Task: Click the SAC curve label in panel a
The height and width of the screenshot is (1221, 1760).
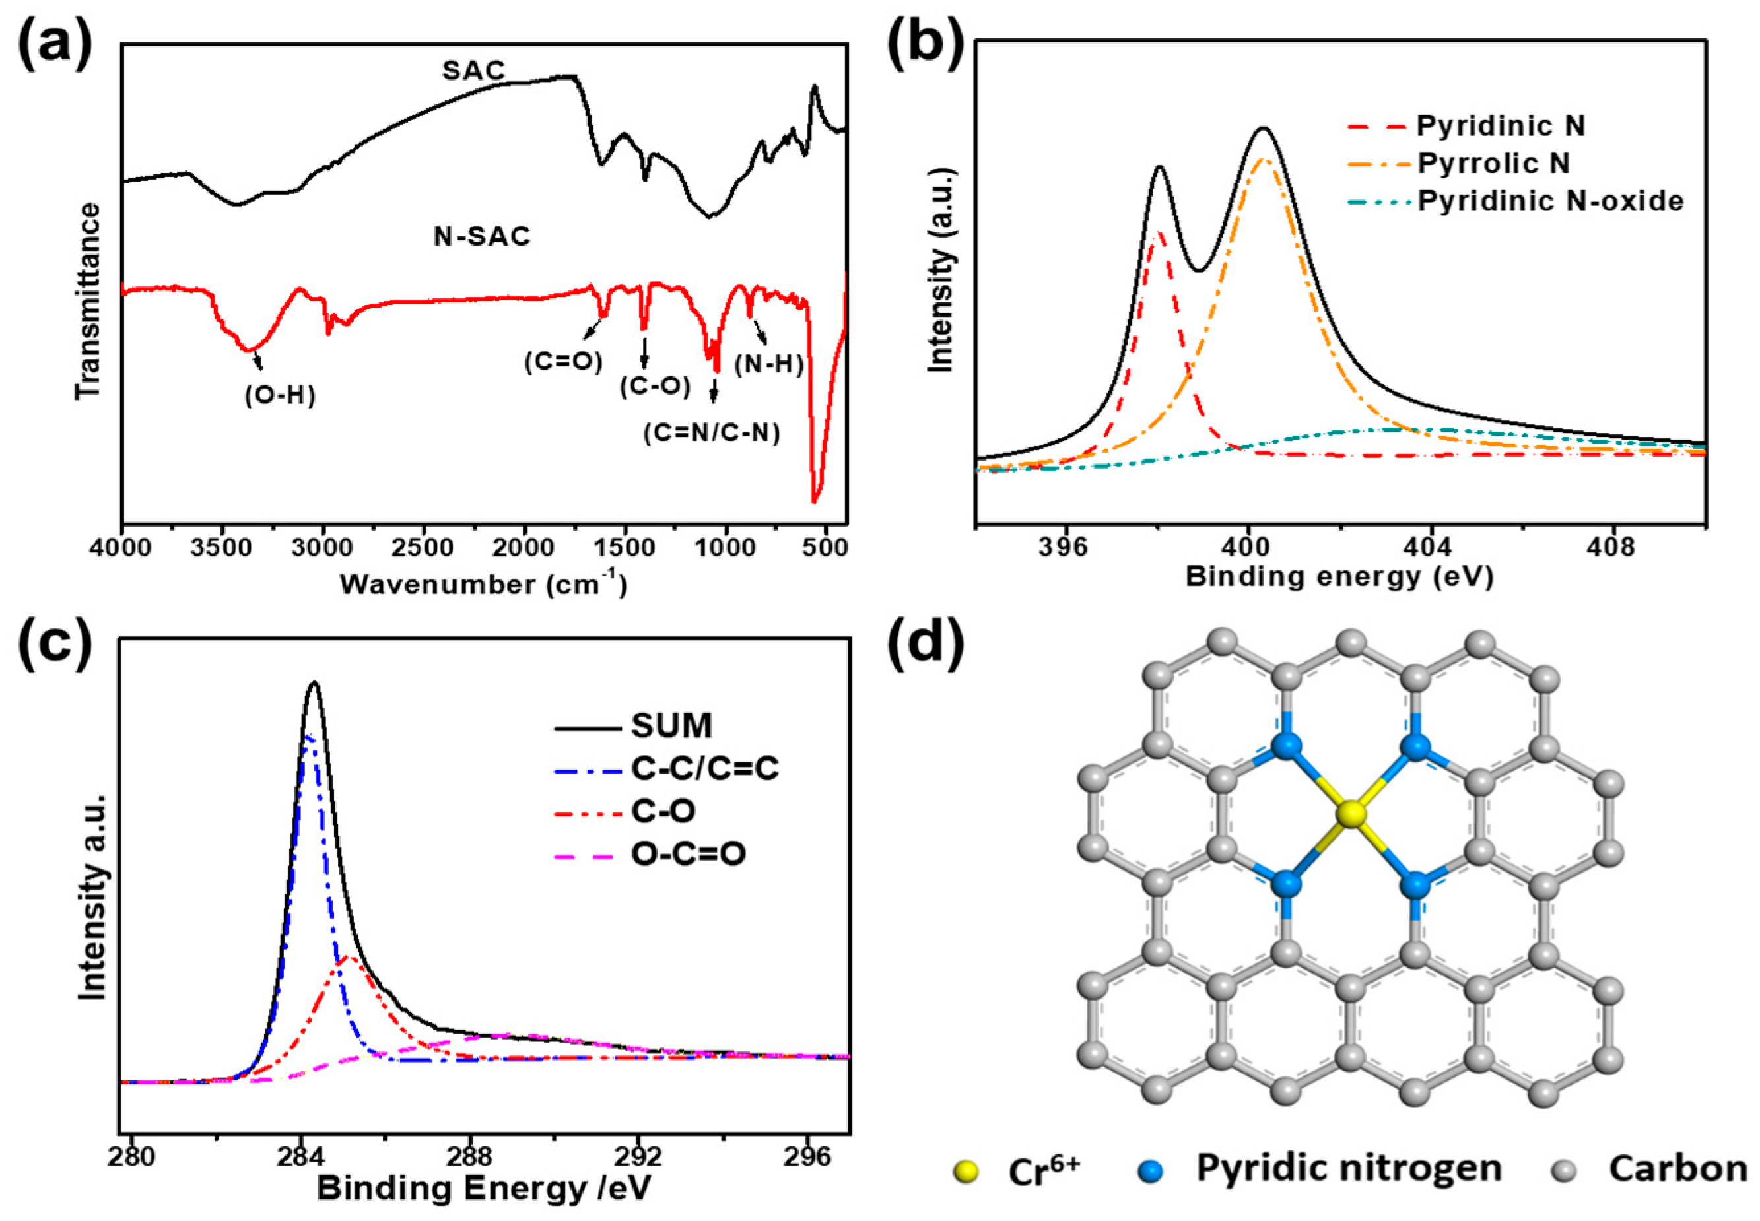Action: tap(474, 71)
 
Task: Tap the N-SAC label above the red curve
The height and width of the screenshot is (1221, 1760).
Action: tap(481, 236)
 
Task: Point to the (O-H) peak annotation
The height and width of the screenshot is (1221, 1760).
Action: tap(280, 395)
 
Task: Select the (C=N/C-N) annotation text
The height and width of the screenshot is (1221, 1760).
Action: tap(711, 433)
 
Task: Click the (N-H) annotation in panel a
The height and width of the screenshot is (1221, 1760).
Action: tap(768, 364)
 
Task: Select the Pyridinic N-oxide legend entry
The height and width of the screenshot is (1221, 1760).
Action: tap(1549, 201)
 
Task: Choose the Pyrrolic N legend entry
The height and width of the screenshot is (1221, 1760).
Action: tap(1493, 163)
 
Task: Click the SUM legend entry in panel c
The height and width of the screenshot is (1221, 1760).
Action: tap(671, 725)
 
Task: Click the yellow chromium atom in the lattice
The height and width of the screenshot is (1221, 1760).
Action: tap(1351, 814)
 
